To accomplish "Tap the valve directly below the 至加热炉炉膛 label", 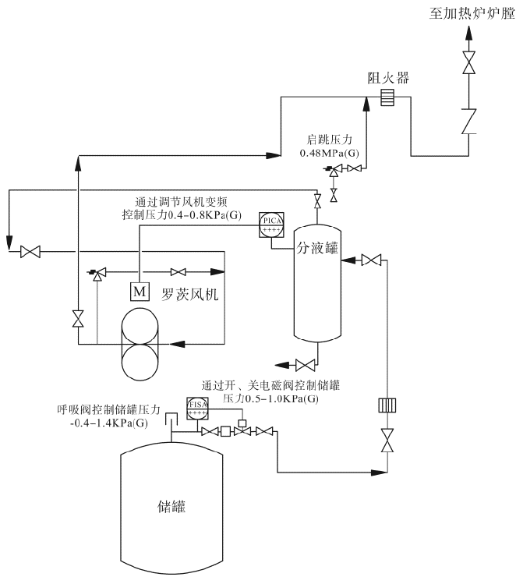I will (469, 63).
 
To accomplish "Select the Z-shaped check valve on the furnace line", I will (469, 122).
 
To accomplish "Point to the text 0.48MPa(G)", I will (332, 154).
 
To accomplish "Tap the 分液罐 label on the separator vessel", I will (317, 249).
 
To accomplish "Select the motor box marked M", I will (140, 292).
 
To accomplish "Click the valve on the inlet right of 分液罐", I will (372, 259).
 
